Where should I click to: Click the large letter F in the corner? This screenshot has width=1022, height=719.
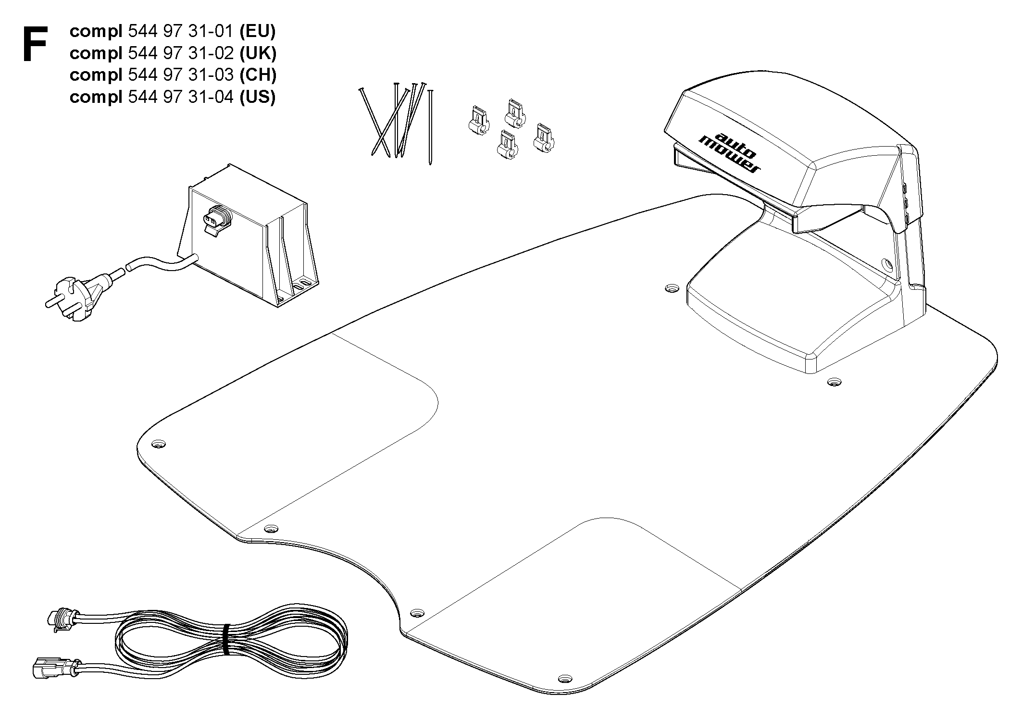tap(36, 44)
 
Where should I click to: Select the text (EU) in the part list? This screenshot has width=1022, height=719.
tap(257, 31)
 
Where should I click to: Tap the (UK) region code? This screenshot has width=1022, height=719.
tap(258, 53)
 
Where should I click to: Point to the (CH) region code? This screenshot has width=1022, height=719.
tap(258, 75)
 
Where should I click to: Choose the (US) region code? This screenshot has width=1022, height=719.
tap(257, 97)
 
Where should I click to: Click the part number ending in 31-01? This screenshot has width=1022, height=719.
tap(181, 31)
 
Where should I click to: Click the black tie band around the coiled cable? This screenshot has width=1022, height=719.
tap(226, 639)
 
